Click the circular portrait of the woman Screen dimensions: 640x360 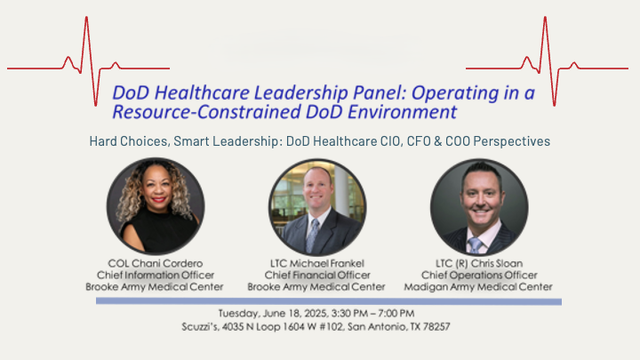point(156,206)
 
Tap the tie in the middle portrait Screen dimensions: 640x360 point(312,236)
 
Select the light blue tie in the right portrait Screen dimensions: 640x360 point(475,245)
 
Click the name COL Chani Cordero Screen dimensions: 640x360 point(155,263)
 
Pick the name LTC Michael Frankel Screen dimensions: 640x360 point(317,263)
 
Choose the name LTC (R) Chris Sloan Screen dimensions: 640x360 point(479,263)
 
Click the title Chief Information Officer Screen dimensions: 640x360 point(155,275)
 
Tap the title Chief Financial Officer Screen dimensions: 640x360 point(317,275)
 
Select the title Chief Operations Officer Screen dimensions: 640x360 point(479,275)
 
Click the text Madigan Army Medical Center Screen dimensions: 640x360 point(478,287)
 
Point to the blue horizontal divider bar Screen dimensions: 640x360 point(329,301)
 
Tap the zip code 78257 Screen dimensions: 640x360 point(436,327)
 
